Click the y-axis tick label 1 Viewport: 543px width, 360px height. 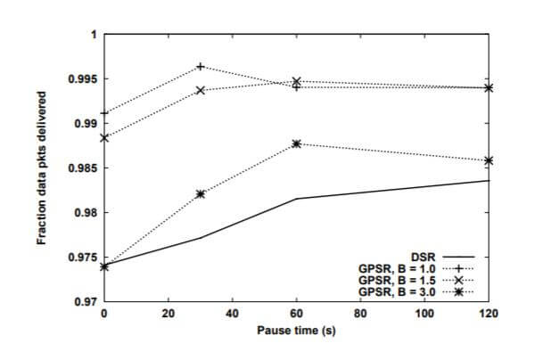tap(92, 34)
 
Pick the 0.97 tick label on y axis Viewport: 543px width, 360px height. tap(86, 302)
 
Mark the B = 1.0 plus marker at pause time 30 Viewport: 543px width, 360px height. tap(201, 67)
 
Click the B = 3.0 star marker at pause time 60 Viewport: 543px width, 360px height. tap(297, 143)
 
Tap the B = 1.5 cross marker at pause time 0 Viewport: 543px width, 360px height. tap(104, 138)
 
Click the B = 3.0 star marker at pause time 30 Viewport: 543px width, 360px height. tap(201, 193)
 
